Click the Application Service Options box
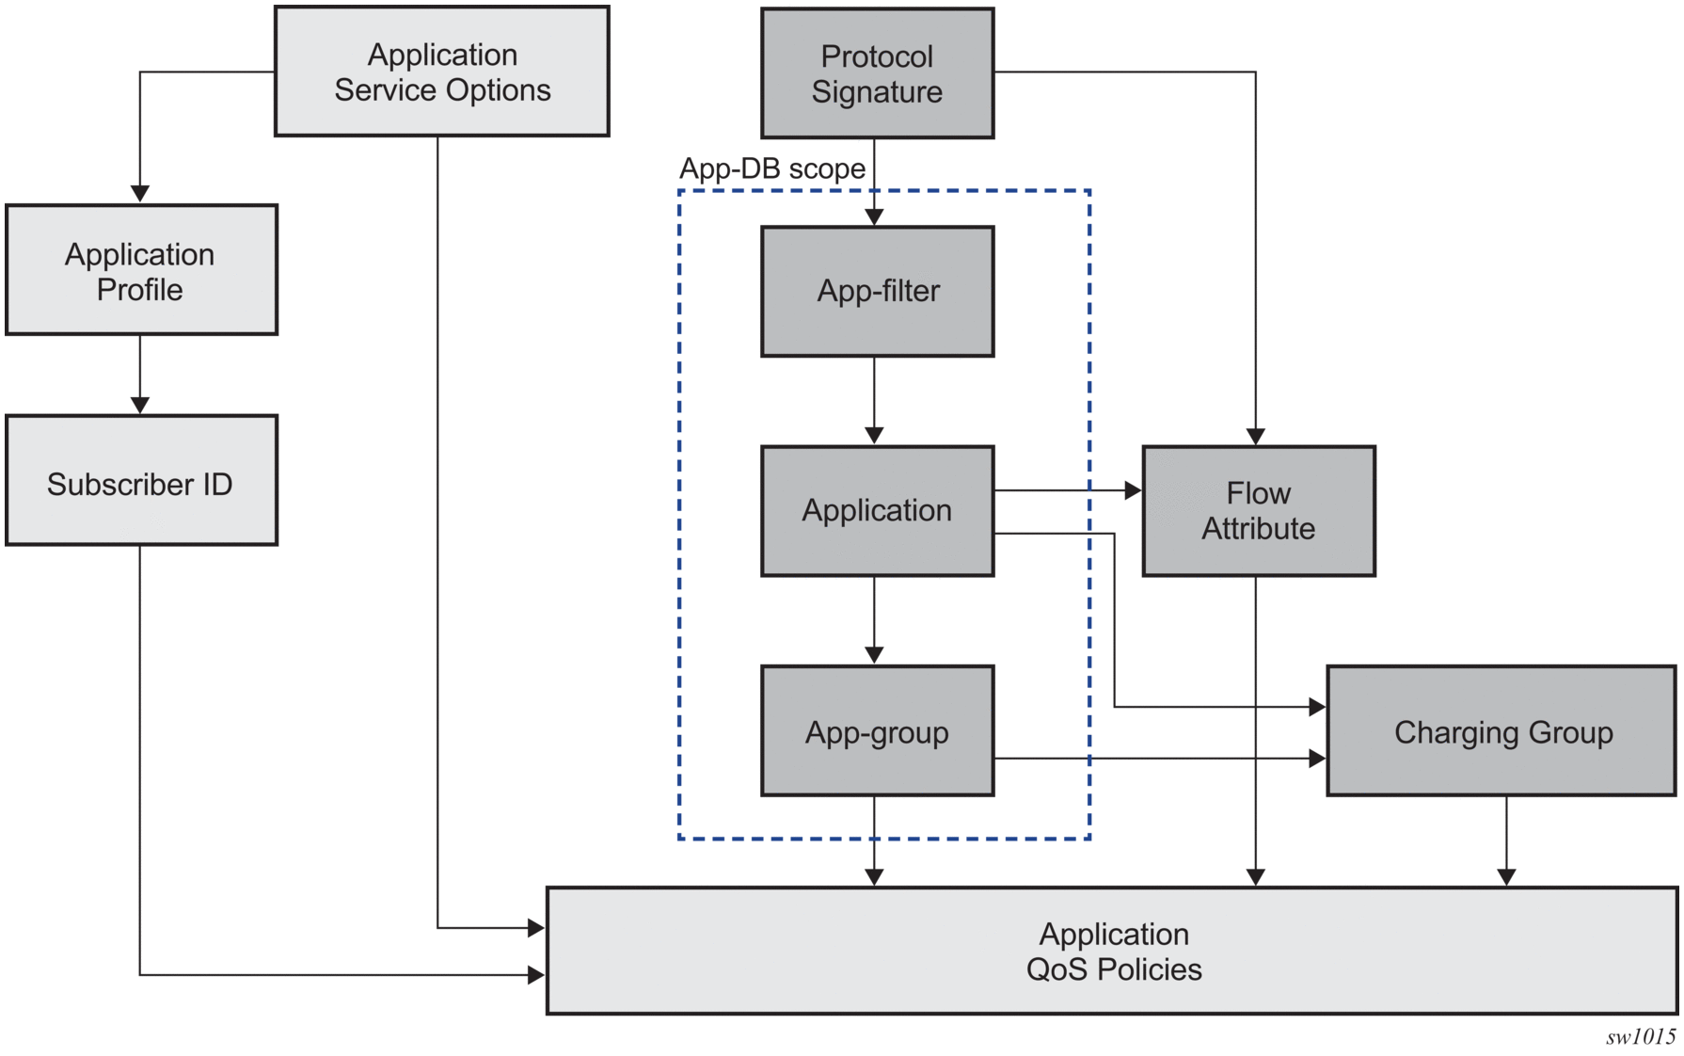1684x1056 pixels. point(442,72)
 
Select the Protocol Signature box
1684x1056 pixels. point(877,73)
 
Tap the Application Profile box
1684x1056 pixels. point(141,270)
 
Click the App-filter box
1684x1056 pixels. point(877,291)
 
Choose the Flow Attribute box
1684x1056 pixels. point(1258,511)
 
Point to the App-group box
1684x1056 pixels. point(877,731)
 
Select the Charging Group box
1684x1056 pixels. point(1501,731)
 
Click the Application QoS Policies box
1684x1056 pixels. point(1112,951)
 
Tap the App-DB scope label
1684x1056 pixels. point(771,168)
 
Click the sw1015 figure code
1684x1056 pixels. point(1640,1036)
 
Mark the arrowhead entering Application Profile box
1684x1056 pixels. point(140,194)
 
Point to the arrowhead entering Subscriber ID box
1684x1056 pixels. point(140,405)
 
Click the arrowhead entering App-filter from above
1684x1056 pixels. point(874,217)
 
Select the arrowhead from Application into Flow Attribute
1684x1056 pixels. point(1133,490)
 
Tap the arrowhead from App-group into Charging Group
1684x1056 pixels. point(1317,758)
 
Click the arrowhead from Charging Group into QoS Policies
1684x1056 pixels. point(1506,877)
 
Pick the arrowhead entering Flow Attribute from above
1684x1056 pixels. point(1255,437)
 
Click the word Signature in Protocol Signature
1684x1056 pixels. point(877,92)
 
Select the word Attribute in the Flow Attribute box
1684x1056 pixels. point(1258,529)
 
